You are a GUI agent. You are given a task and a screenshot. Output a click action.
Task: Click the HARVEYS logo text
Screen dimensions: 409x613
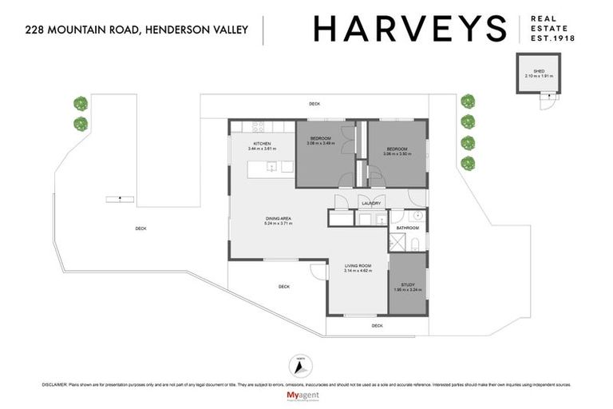coord(409,30)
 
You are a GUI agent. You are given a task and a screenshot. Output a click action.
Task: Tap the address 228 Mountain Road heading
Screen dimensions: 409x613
coord(136,30)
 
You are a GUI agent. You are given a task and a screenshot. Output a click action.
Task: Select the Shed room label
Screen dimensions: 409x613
coord(540,70)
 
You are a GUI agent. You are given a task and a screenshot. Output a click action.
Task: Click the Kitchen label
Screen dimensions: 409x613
coord(262,143)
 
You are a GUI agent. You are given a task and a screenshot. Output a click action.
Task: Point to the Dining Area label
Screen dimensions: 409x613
coord(279,219)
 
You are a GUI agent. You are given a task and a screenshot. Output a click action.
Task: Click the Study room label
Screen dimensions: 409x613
coord(407,284)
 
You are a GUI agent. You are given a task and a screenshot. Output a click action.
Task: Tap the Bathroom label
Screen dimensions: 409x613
coord(408,228)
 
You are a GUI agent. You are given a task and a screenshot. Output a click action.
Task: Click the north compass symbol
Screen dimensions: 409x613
coord(300,367)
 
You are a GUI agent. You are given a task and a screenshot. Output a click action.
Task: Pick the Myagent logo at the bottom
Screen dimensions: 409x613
coord(306,396)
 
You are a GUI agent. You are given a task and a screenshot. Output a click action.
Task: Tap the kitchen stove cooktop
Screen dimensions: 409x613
coord(259,126)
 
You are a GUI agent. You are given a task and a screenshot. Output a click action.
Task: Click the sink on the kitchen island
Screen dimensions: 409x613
coord(272,167)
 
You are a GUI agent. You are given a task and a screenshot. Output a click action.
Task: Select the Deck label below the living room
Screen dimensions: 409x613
coord(377,325)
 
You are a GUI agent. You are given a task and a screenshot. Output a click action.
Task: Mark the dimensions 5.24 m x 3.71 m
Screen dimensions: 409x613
coord(279,224)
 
